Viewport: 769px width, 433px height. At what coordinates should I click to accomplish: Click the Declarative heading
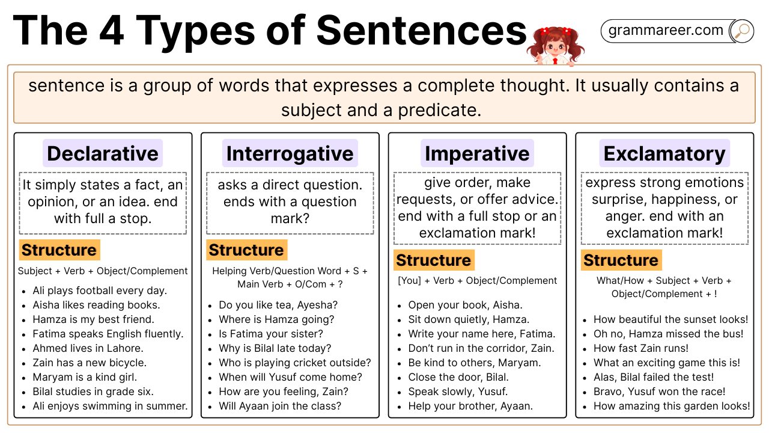coord(103,153)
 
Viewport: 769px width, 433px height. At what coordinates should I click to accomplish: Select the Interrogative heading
coord(290,153)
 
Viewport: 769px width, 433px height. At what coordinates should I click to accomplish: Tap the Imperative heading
coord(477,153)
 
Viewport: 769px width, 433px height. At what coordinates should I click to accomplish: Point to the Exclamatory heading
coord(664,153)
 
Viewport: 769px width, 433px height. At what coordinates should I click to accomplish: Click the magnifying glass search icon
coord(742,31)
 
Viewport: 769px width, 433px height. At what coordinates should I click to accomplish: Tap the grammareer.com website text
coord(666,30)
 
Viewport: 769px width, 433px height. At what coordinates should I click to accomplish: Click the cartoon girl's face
coord(556,47)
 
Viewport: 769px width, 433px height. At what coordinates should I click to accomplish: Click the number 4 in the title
coord(112,31)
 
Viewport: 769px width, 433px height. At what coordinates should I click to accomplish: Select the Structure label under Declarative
coord(59,250)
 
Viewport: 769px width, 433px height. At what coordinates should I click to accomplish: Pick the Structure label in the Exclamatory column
coord(621,260)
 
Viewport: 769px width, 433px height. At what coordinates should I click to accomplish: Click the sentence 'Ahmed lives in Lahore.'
coord(88,348)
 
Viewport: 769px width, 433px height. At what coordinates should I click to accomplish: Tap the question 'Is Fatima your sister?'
coord(271,334)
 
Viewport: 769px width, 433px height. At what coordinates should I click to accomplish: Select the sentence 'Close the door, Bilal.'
coord(458,377)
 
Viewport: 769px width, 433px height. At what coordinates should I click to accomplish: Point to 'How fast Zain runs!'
coord(641,348)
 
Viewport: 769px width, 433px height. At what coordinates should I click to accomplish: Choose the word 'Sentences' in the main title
coord(421,31)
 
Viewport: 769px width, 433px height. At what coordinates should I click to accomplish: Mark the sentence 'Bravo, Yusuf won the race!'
coord(660,392)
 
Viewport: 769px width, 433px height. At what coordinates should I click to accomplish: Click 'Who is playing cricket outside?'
coord(295,363)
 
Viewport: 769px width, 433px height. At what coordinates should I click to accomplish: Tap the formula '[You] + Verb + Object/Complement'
coord(477,281)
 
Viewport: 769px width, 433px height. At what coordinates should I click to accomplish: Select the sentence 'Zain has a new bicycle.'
coord(90,363)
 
